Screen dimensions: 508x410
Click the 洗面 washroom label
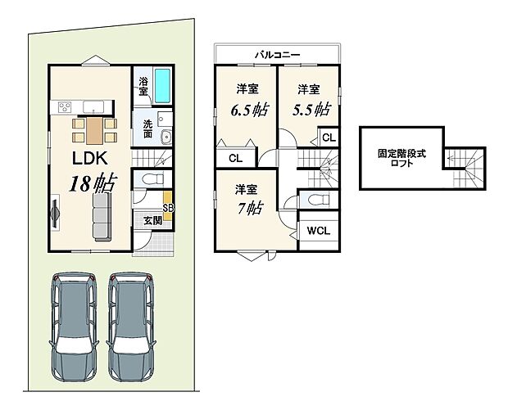pos(147,128)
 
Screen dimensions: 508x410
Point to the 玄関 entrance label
pos(152,220)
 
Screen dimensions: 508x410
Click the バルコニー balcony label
pos(276,55)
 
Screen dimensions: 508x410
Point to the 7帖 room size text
pos(250,208)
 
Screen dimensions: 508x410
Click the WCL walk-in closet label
pos(318,231)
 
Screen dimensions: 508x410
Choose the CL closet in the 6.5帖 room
pos(235,158)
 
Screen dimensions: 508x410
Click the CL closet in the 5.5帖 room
pos(328,138)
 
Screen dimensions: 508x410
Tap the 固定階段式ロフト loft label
pos(396,158)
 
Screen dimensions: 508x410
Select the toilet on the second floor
pos(315,199)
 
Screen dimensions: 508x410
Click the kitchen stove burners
pos(65,106)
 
